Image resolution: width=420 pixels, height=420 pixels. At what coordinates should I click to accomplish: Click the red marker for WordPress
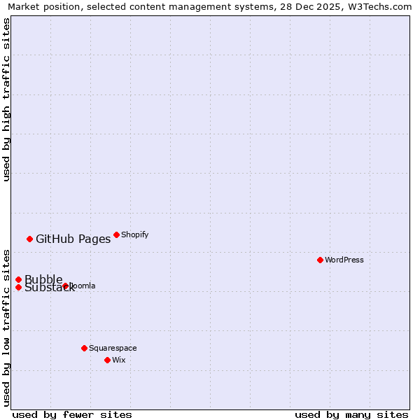coord(320,260)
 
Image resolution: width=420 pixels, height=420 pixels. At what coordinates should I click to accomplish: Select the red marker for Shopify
coord(116,234)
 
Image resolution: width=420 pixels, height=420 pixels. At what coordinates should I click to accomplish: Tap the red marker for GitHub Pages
coord(29,239)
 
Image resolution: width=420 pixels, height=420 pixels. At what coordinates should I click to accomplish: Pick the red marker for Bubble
coord(18,279)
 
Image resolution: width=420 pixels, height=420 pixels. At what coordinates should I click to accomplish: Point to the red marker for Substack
coord(18,287)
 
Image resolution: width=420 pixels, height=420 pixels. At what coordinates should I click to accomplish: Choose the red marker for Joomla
coord(65,286)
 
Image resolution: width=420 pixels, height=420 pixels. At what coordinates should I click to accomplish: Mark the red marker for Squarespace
coord(84,348)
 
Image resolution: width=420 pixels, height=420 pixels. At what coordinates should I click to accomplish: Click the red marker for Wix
coord(107,360)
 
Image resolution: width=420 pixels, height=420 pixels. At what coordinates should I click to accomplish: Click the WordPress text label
coord(344,260)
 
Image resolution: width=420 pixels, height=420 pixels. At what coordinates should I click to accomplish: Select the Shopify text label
coord(135,234)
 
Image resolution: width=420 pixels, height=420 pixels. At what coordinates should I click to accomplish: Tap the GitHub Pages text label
coord(73,239)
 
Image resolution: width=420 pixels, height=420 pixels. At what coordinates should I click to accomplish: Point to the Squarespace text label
coord(113,348)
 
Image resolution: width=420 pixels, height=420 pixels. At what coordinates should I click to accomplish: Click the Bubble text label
coord(43,279)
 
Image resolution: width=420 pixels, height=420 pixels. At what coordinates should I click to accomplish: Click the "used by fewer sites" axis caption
coord(72,414)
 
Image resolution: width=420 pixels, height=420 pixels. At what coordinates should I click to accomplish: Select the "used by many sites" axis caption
coord(351,414)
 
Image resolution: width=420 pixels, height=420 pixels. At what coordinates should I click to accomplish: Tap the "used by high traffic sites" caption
coord(6,99)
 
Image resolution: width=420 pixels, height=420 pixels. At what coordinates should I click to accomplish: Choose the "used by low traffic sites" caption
coord(6,328)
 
